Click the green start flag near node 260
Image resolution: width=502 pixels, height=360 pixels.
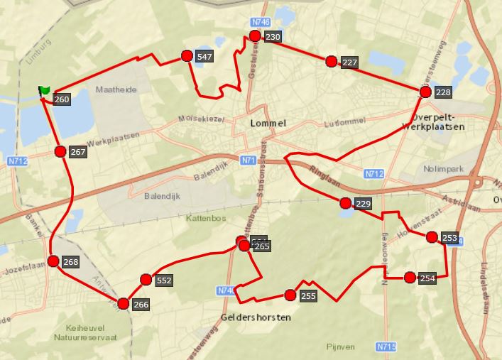point(44,90)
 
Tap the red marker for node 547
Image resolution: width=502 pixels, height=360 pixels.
point(187,56)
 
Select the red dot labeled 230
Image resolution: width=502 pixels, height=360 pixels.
point(255,36)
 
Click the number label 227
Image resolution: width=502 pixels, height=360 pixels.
point(349,63)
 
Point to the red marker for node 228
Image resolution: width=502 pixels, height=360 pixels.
point(425,92)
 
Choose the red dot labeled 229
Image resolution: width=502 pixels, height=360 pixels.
point(345,204)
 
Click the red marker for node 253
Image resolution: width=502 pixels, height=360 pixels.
point(432,236)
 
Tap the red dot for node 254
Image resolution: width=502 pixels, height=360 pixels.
point(410,277)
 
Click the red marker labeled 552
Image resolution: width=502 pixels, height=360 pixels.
point(146,280)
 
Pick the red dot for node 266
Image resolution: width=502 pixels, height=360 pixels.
point(124,304)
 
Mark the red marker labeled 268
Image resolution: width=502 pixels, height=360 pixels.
point(53,261)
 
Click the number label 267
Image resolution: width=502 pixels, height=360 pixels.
point(78,153)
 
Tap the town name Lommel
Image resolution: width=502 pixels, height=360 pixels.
point(268,124)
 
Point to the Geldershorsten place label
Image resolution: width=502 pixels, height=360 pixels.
point(256,317)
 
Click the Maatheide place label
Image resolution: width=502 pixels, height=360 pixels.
point(114,90)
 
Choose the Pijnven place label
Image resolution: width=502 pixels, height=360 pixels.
point(339,346)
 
